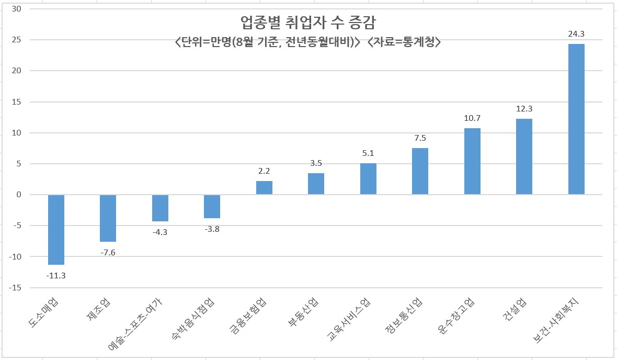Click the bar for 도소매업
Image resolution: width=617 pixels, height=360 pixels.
56,230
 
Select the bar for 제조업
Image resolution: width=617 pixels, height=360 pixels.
108,218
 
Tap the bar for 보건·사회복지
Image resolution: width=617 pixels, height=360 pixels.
576,119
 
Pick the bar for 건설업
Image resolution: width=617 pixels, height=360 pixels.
524,156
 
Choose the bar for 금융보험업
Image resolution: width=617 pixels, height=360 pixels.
264,188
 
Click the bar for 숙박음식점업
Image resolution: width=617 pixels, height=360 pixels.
212,206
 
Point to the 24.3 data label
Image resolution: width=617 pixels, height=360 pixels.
576,34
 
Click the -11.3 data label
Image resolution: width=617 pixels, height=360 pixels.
56,276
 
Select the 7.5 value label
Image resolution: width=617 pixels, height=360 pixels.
420,138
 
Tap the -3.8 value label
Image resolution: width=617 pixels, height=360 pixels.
212,229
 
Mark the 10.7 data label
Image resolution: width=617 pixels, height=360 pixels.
472,118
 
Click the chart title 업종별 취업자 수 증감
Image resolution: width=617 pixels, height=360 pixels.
308,22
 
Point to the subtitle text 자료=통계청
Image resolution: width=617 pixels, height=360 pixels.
404,42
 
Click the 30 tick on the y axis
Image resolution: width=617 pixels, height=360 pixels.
17,9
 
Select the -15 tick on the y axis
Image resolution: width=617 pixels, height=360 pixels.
15,288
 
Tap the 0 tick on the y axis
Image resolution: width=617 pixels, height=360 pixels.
19,195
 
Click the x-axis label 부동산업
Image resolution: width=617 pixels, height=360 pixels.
303,312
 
